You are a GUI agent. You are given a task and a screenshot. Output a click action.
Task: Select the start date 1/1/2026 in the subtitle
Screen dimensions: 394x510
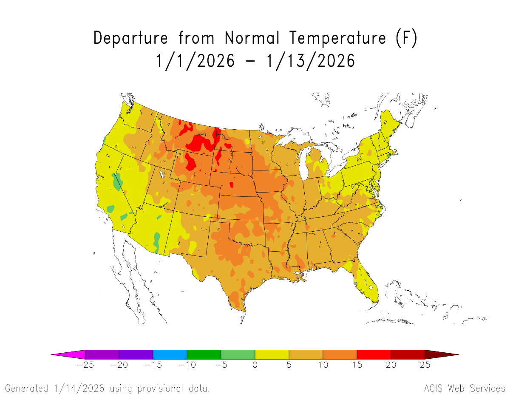[195, 61]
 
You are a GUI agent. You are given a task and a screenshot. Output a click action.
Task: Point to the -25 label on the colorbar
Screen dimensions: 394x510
[85, 365]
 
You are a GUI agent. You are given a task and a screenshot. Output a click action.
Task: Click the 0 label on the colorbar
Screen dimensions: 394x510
[255, 365]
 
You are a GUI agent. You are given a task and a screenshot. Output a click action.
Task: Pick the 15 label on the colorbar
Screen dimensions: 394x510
[357, 365]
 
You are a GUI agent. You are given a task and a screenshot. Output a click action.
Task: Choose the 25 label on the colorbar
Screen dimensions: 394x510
[425, 365]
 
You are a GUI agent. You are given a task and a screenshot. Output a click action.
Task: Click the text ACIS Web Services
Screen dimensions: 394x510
[464, 388]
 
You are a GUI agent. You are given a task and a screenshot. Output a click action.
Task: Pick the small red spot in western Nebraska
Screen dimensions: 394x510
[231, 185]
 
